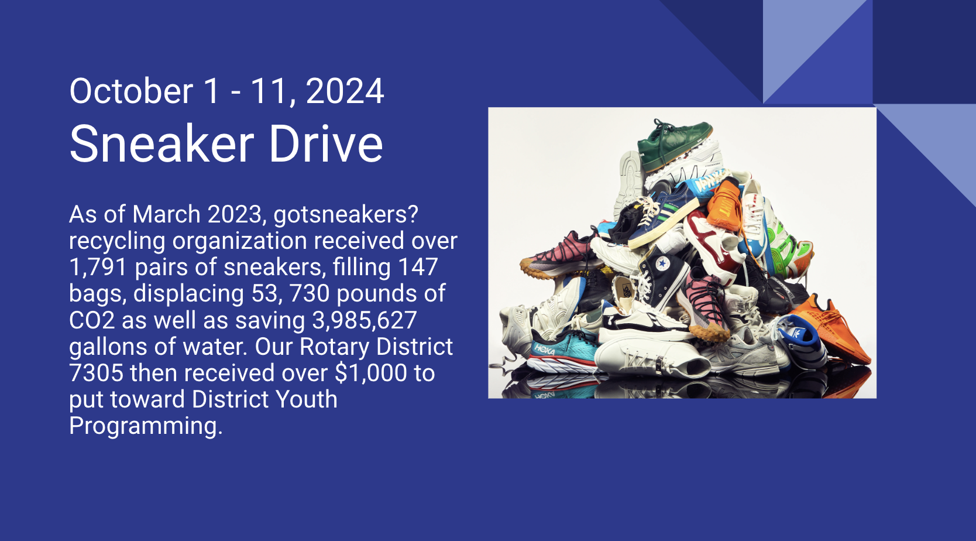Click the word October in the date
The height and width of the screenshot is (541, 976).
131,91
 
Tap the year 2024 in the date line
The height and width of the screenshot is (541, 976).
345,91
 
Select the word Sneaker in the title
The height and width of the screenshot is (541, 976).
161,143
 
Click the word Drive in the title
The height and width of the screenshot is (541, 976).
325,143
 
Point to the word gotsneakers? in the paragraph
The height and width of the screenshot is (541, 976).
346,214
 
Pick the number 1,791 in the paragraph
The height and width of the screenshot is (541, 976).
98,267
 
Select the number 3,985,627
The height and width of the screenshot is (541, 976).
365,320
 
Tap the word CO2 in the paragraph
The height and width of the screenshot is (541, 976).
92,320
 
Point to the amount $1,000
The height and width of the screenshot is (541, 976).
371,373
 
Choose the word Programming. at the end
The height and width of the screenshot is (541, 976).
146,426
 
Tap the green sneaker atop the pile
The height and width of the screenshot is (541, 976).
674,144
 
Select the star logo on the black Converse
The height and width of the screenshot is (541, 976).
662,263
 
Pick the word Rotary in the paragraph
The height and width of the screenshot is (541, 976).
334,347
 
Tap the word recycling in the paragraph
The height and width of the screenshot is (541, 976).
117,241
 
